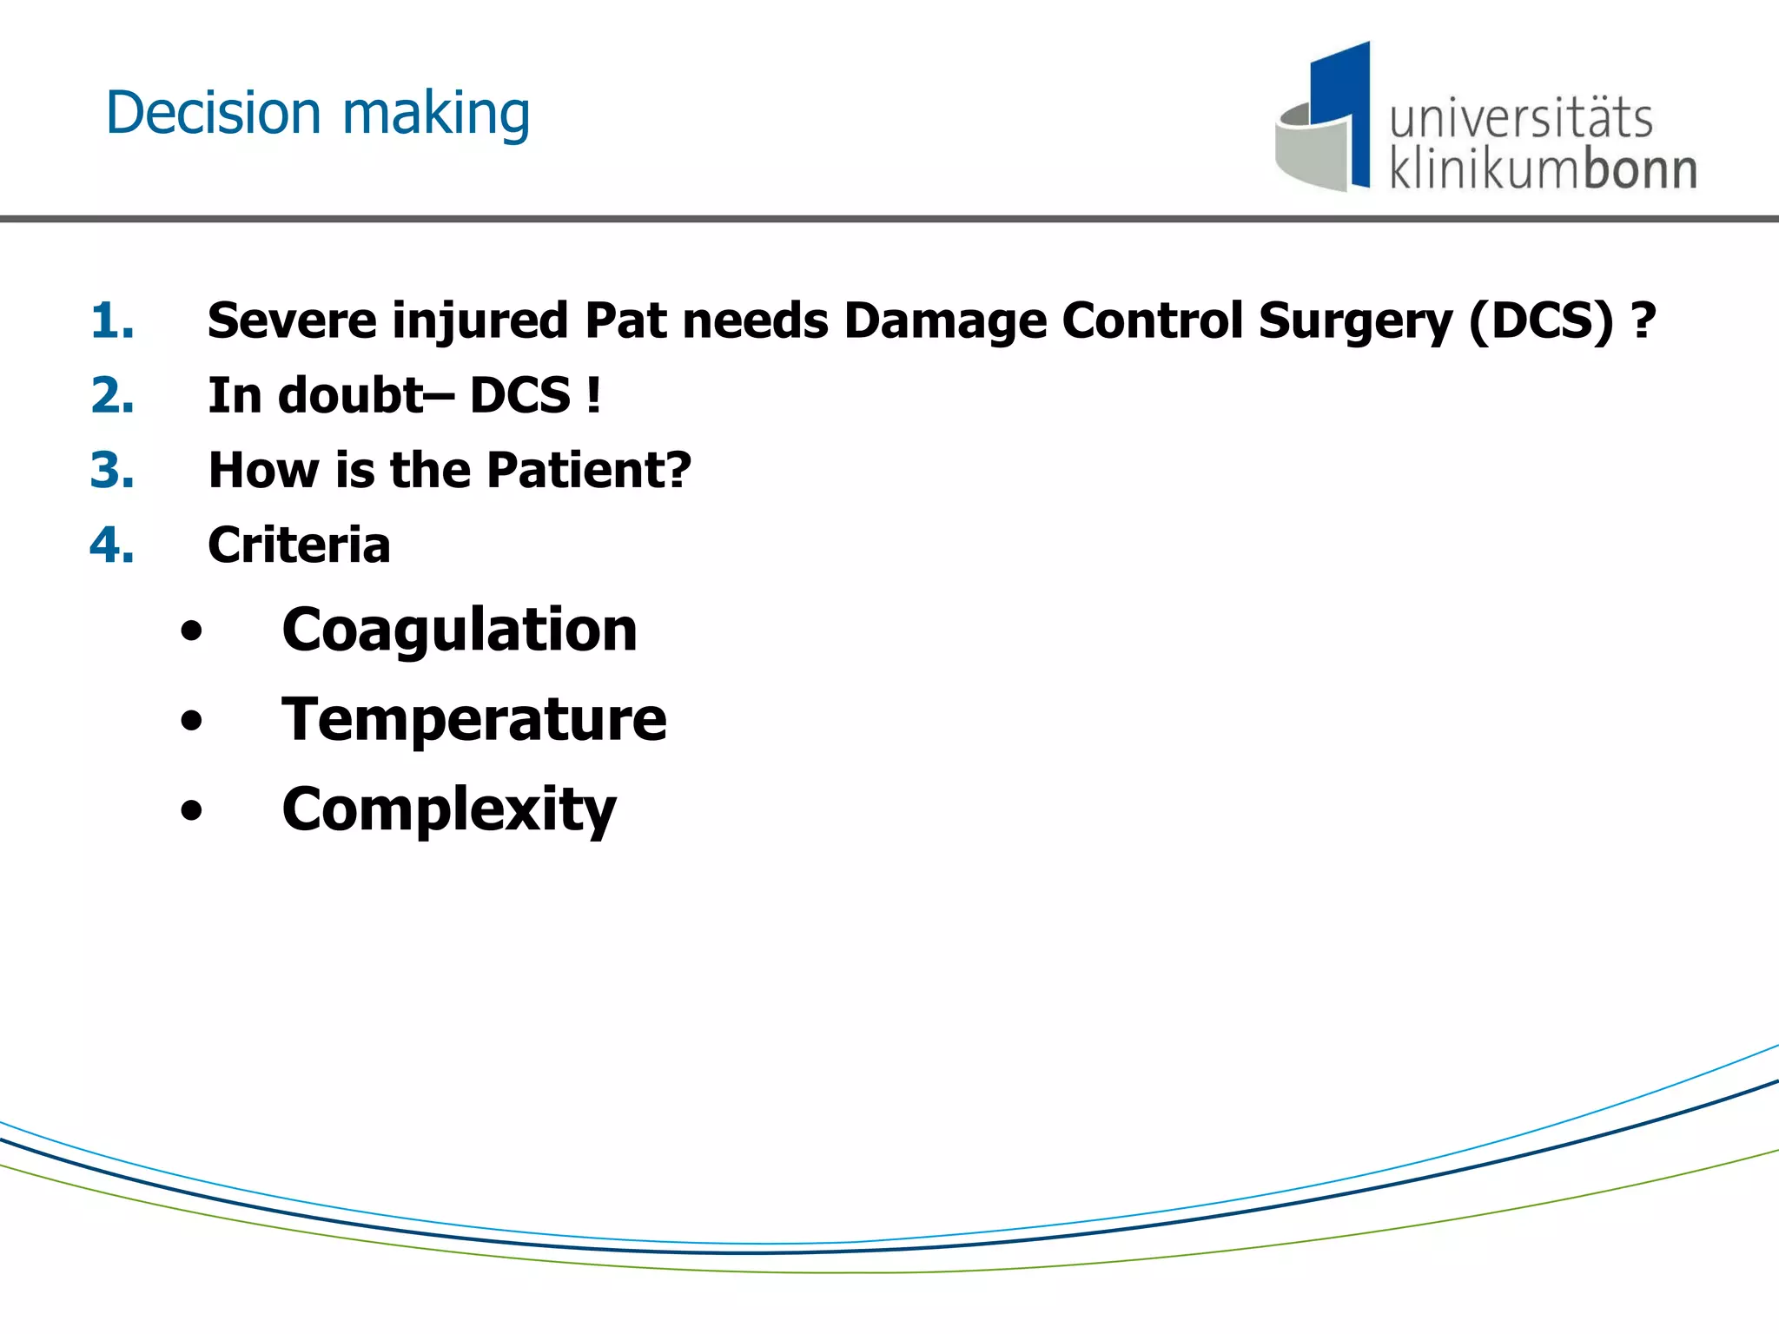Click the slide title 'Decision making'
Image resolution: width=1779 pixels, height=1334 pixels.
point(317,114)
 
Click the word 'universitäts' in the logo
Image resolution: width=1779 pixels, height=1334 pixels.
point(1520,119)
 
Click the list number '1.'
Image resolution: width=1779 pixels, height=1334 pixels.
point(112,320)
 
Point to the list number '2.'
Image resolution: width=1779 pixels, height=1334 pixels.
point(112,395)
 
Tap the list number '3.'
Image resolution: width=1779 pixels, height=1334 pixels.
point(112,470)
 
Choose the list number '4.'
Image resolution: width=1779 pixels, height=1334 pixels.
point(112,545)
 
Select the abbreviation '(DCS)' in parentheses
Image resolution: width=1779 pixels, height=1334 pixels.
point(1541,320)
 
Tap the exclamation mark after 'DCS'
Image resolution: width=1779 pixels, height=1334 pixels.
point(593,395)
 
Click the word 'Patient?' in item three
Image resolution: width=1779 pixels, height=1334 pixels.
point(589,470)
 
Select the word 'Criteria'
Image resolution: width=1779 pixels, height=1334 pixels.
point(299,545)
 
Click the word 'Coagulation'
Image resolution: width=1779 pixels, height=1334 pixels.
point(460,631)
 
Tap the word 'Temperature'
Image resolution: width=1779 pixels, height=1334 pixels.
point(474,720)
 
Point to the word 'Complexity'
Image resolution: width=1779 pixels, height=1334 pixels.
point(449,810)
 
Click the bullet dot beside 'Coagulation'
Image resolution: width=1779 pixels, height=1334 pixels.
point(191,631)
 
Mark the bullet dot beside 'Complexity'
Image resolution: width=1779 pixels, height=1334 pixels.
point(191,811)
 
